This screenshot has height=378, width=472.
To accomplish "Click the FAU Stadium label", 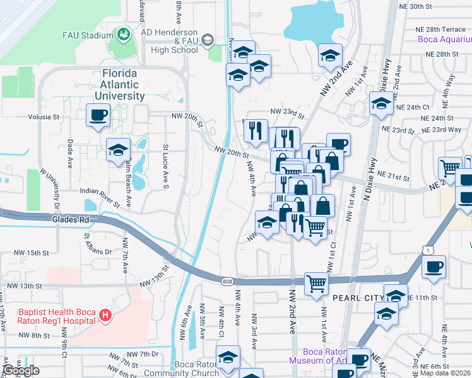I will coord(87,35).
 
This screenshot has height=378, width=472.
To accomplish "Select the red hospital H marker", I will coord(105,316).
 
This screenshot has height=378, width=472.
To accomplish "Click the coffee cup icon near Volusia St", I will coord(98,115).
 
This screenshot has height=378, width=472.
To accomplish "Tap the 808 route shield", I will coord(227,282).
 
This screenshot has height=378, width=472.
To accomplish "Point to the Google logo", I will coord(21,370).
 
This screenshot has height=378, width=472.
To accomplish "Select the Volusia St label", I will coord(43,117).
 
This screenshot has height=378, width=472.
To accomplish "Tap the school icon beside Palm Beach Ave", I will coord(117,150).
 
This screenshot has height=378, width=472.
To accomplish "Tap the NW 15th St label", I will coord(32,253).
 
